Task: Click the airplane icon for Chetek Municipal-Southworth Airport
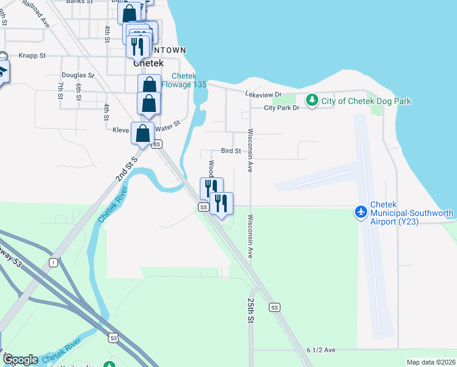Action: click(x=361, y=211)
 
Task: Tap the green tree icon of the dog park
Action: click(x=312, y=100)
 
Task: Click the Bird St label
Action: click(x=230, y=151)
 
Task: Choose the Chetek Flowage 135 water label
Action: click(x=189, y=80)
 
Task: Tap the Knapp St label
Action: click(x=32, y=56)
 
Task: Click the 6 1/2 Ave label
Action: click(x=321, y=350)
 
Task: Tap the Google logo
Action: click(x=20, y=360)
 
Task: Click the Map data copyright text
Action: click(x=431, y=362)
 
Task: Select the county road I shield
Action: click(x=54, y=262)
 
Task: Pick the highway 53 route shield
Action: click(x=114, y=337)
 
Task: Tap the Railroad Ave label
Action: click(x=35, y=12)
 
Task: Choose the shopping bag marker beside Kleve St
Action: click(x=142, y=133)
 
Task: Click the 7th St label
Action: click(x=60, y=90)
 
